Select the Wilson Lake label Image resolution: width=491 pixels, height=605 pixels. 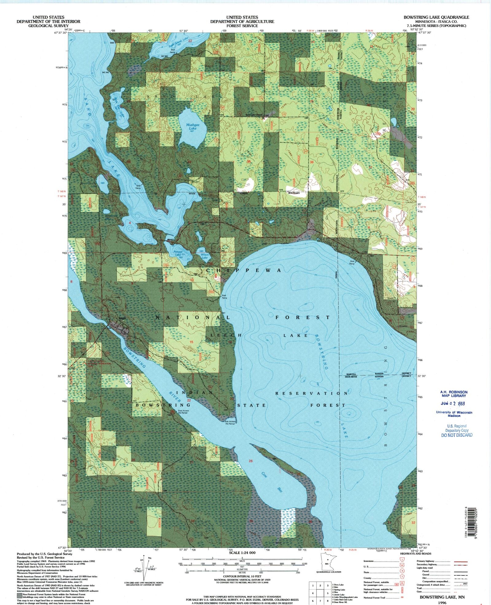click(x=205, y=256)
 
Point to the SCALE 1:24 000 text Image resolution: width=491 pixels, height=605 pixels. click(x=242, y=553)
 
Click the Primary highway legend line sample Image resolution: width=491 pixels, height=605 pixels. click(x=460, y=561)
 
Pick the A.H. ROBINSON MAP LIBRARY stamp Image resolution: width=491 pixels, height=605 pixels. click(x=454, y=394)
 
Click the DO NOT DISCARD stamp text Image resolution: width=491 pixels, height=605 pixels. click(x=457, y=435)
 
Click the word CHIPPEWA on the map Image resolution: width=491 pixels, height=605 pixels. click(x=244, y=271)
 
